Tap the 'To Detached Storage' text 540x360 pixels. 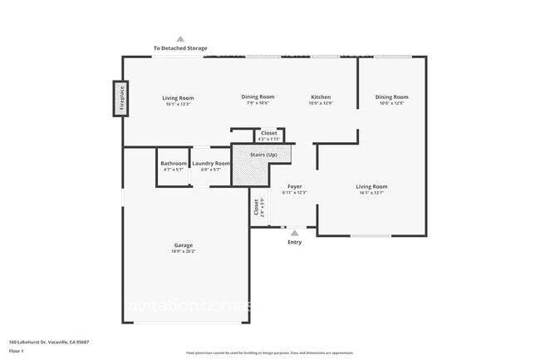pyautogui.click(x=180, y=48)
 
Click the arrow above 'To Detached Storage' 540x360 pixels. pyautogui.click(x=180, y=39)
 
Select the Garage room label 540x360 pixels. pyautogui.click(x=184, y=245)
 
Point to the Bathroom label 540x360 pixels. pyautogui.click(x=174, y=164)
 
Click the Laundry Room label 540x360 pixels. pyautogui.click(x=211, y=164)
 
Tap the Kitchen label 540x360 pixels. pyautogui.click(x=321, y=97)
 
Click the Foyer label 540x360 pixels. pyautogui.click(x=295, y=187)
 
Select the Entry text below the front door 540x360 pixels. pyautogui.click(x=295, y=242)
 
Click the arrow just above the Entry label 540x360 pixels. pyautogui.click(x=295, y=233)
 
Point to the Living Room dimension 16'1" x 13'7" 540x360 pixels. pyautogui.click(x=372, y=193)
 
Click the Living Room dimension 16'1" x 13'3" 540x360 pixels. pyautogui.click(x=178, y=104)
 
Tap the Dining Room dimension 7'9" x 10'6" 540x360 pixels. pyautogui.click(x=258, y=103)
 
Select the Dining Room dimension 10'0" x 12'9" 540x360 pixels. pyautogui.click(x=391, y=103)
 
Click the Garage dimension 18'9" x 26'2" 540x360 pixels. pyautogui.click(x=184, y=251)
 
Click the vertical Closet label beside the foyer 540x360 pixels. pyautogui.click(x=256, y=207)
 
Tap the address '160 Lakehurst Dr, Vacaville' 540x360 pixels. pyautogui.click(x=49, y=342)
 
